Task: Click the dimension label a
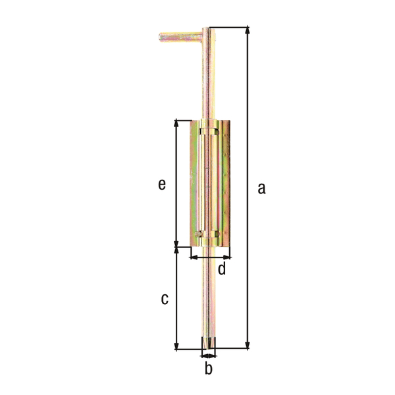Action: (261, 189)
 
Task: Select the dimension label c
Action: (165, 299)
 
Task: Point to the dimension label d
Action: (221, 269)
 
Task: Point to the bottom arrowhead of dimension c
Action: (176, 345)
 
